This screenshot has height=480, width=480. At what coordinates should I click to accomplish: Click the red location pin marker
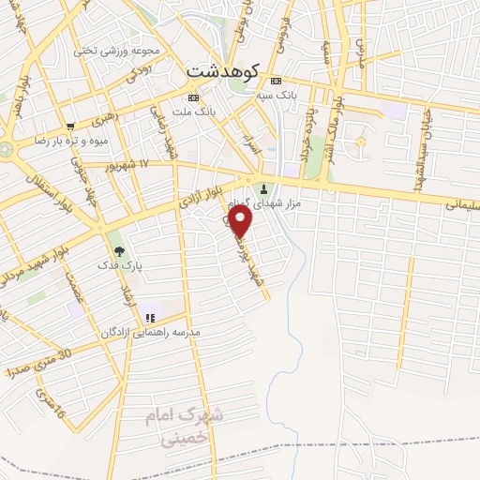pyautogui.click(x=241, y=220)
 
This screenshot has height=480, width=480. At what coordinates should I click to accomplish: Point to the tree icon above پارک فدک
pyautogui.click(x=119, y=250)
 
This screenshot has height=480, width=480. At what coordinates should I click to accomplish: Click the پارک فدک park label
pyautogui.click(x=120, y=266)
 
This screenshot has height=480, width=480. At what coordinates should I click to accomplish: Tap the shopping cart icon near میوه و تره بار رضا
pyautogui.click(x=70, y=127)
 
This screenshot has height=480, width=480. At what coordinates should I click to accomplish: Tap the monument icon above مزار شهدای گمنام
pyautogui.click(x=263, y=187)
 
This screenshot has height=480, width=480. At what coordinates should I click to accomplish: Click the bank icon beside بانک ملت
pyautogui.click(x=193, y=97)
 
